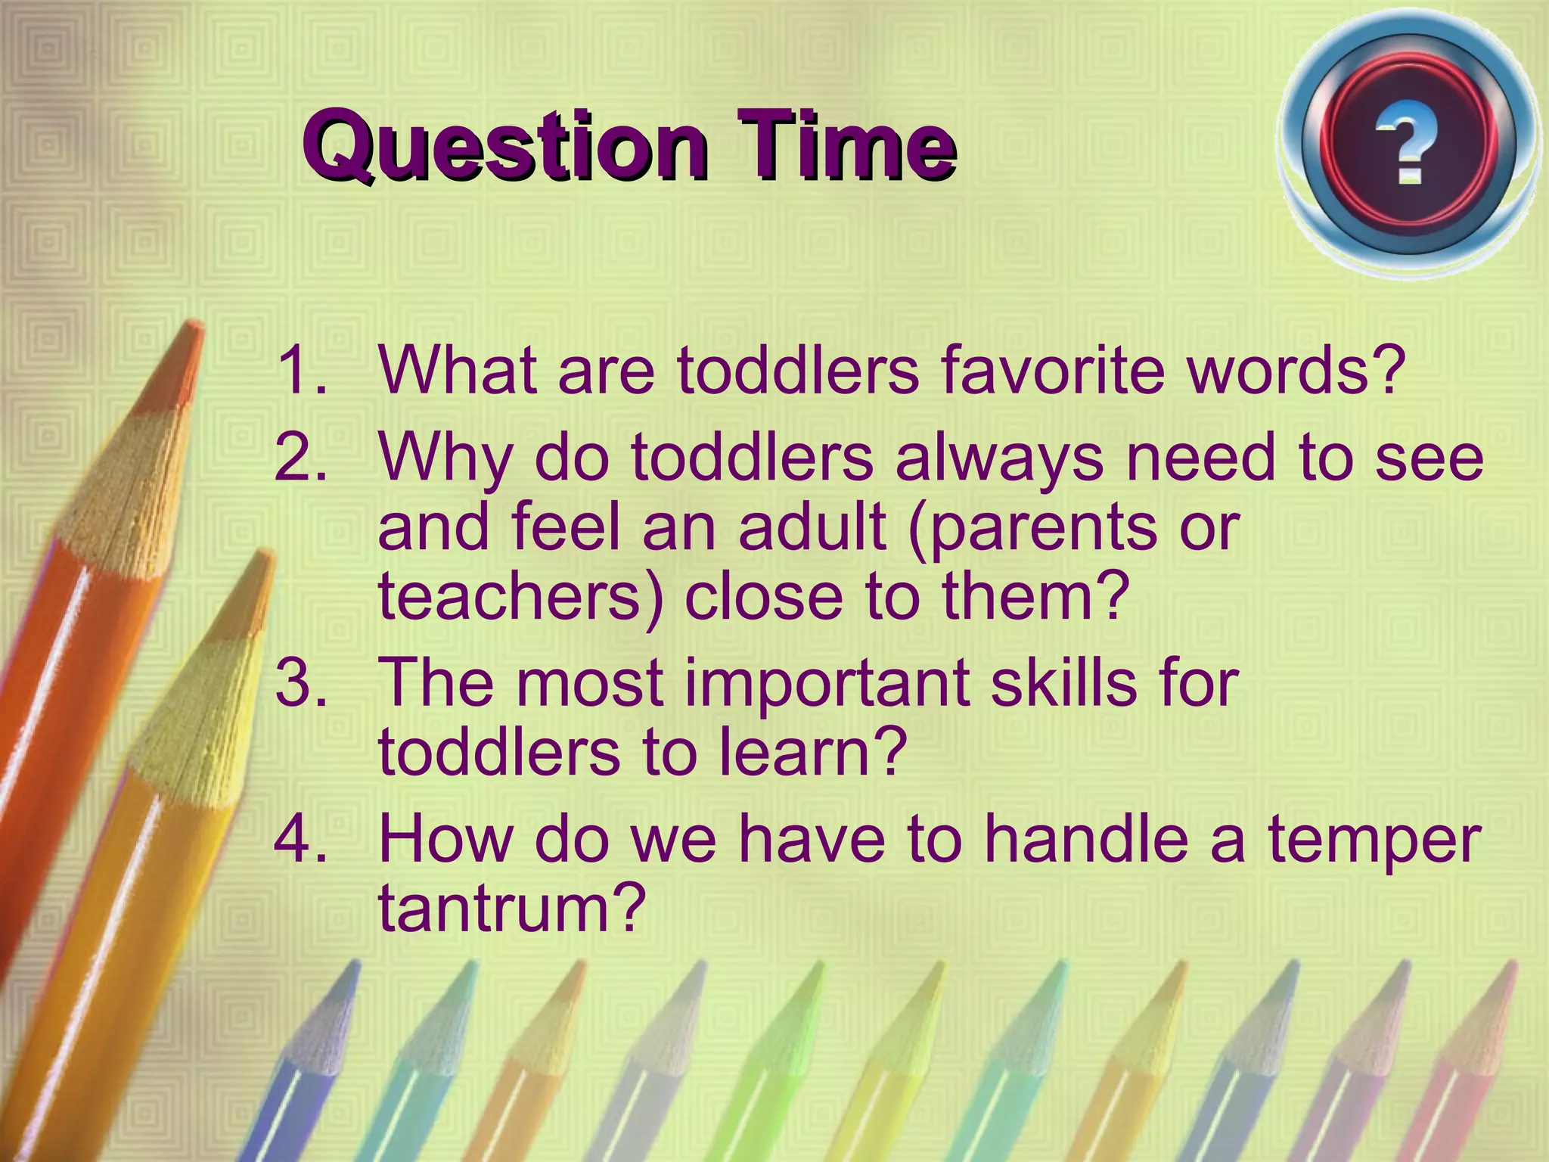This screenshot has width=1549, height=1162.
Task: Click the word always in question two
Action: pyautogui.click(x=999, y=459)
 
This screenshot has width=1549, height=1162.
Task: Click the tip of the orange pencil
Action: pyautogui.click(x=194, y=329)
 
